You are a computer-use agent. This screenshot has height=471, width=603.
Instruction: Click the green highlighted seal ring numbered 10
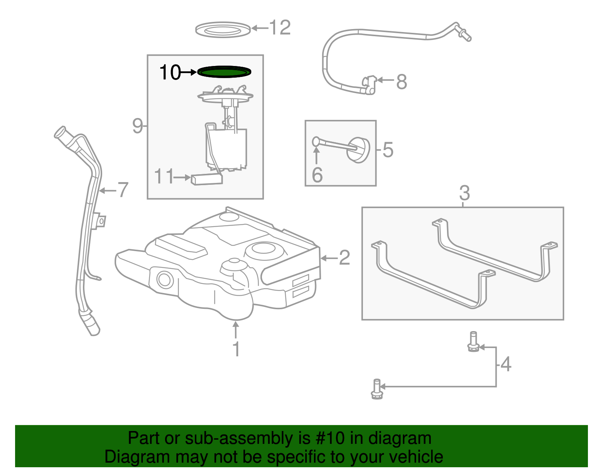tap(224, 71)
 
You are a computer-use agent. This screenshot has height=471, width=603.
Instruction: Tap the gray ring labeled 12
tap(223, 30)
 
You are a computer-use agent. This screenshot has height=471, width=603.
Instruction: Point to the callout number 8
tap(402, 81)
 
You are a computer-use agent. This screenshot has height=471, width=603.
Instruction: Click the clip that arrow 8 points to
tap(369, 84)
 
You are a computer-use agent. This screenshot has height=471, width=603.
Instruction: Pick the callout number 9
tap(138, 126)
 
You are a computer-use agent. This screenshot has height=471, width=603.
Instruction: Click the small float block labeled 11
tap(207, 179)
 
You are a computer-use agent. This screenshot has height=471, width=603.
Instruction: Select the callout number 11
tap(164, 176)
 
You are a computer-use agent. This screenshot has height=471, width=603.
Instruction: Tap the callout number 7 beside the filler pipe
tap(123, 190)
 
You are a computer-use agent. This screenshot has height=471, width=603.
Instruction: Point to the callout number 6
tap(317, 175)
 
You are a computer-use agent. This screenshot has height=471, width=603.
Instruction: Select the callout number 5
tap(388, 150)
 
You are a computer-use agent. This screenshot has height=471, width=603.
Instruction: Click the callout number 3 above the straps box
tap(464, 193)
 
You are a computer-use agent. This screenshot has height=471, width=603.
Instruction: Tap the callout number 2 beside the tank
tap(344, 258)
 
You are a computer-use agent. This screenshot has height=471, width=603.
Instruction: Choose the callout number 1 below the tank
tap(236, 349)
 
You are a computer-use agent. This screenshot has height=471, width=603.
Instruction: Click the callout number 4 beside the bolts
tap(506, 364)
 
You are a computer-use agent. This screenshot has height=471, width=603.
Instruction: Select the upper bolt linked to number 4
tap(473, 342)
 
